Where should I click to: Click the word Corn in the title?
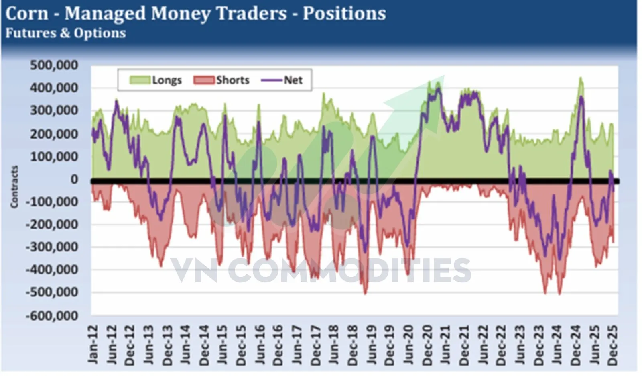point(27,13)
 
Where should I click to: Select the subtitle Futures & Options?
point(65,33)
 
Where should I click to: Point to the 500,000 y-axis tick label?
point(54,65)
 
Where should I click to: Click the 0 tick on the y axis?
point(74,179)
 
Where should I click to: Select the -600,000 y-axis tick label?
point(52,316)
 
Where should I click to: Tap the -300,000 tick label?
point(52,247)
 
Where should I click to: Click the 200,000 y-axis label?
point(54,133)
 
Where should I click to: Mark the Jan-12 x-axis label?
point(93,345)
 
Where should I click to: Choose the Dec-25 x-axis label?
point(613,345)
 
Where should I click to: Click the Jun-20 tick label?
point(408,345)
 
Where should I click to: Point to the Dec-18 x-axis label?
point(353,345)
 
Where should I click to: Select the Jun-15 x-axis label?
point(223,345)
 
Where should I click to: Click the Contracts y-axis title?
point(14,187)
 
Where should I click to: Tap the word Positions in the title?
point(344,13)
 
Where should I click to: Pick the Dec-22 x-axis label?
point(501,345)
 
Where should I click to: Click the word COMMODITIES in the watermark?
point(349,270)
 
